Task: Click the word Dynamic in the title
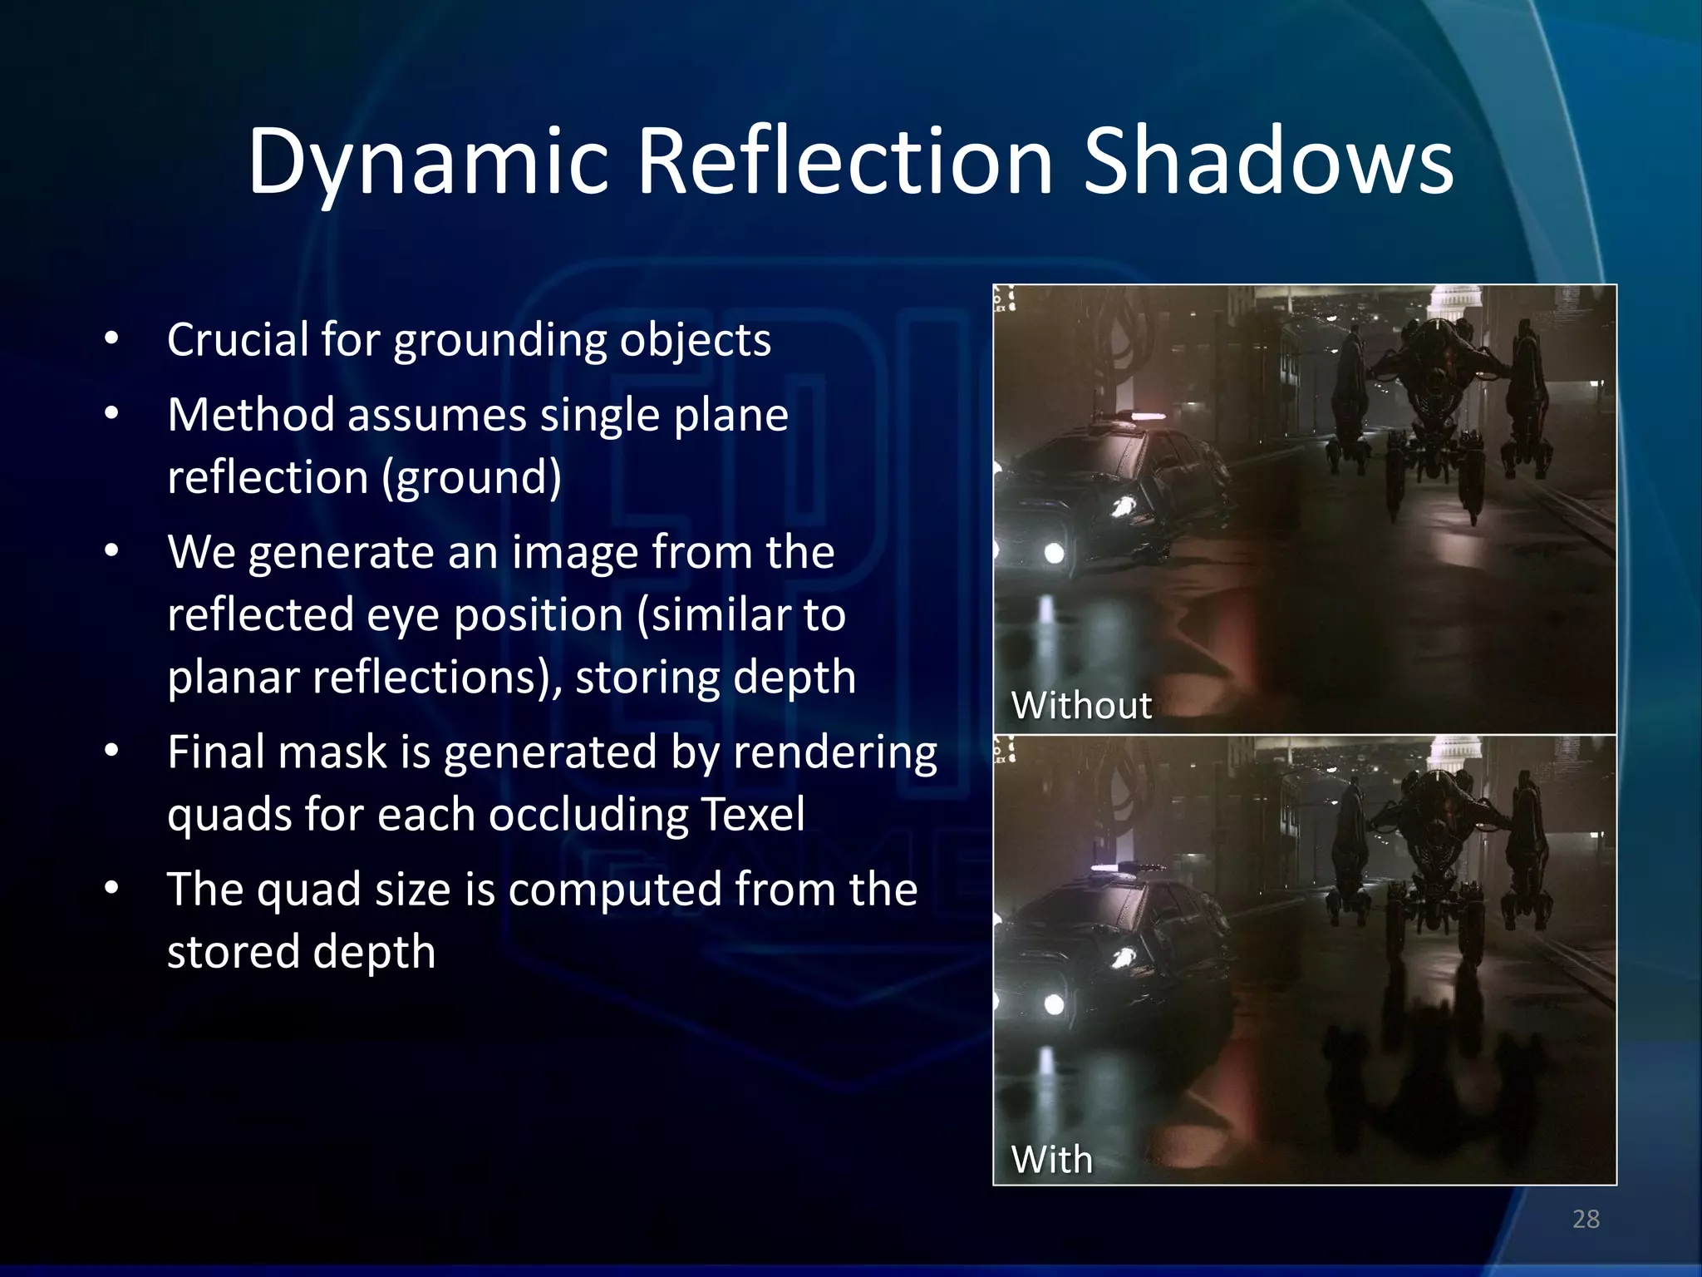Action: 428,162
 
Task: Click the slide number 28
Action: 1586,1219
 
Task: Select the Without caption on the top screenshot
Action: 1080,706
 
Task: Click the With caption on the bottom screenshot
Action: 1051,1160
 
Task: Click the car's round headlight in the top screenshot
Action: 1054,553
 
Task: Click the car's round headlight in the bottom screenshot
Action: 1054,1004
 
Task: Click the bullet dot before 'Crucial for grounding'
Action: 112,340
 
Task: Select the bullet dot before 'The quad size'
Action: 112,890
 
